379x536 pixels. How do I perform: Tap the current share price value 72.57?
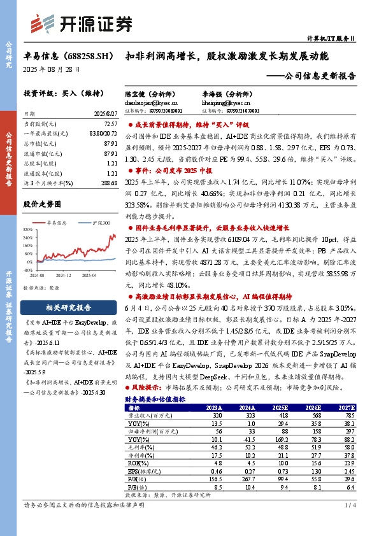click(110, 123)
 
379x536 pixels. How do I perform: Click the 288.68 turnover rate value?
click(109, 183)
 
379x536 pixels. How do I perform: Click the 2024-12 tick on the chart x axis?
click(64, 276)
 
